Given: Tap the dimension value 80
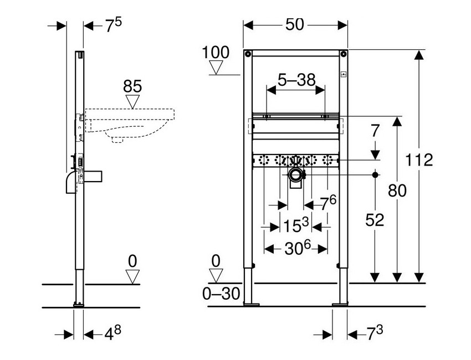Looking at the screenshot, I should [397, 191].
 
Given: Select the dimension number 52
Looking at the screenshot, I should [375, 220].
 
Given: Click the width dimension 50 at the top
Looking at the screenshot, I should [296, 25].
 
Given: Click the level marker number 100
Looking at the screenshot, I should [216, 53].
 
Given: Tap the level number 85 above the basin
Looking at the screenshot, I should [132, 86].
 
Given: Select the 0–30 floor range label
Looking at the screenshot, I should [221, 294].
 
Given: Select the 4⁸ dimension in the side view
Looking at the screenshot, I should [110, 334].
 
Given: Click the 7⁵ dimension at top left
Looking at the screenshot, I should [114, 26].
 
